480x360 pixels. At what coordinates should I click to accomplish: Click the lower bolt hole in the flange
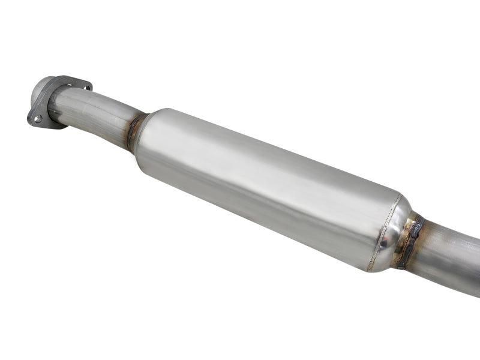[x=38, y=118]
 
